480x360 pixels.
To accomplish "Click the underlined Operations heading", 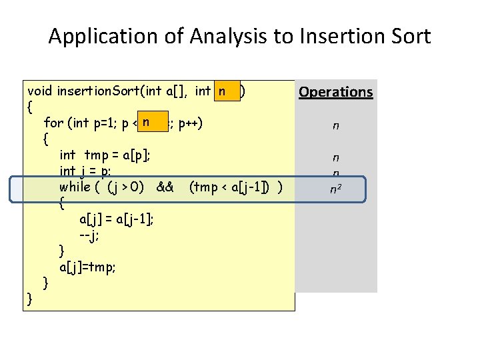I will pos(335,92).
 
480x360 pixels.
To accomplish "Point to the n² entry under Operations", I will pos(336,190).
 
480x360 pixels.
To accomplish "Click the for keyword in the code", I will pos(53,123).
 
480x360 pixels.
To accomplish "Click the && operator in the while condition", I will pos(165,187).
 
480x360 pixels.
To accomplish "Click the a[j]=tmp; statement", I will pos(87,267).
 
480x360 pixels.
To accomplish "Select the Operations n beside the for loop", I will pos(336,125).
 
